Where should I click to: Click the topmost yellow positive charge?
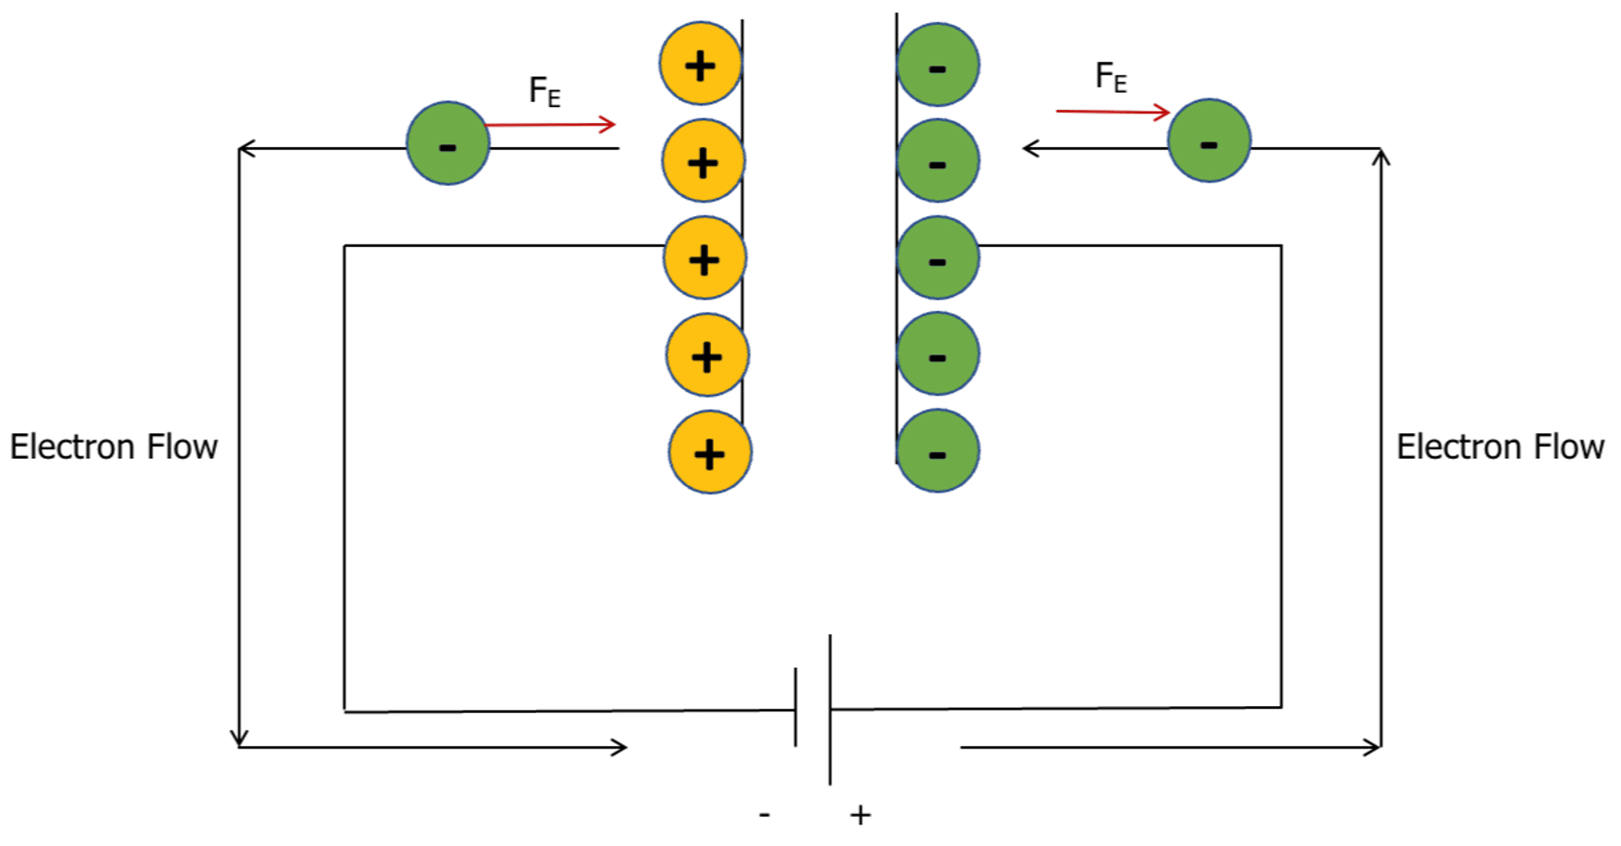[700, 64]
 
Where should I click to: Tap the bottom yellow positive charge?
[710, 453]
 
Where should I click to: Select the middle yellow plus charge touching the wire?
[705, 259]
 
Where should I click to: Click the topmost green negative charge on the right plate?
[938, 65]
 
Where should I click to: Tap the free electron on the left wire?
[448, 144]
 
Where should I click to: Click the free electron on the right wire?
[1208, 141]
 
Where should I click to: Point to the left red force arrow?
[551, 125]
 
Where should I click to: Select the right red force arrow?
[1113, 112]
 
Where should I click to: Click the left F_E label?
[544, 90]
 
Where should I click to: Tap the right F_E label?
[1111, 77]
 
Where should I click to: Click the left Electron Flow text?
[113, 447]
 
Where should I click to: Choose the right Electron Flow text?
[1500, 447]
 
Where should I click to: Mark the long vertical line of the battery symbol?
[830, 709]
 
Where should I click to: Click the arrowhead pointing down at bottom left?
[239, 738]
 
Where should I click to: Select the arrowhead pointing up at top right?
[1380, 157]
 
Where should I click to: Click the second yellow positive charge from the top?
[703, 162]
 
